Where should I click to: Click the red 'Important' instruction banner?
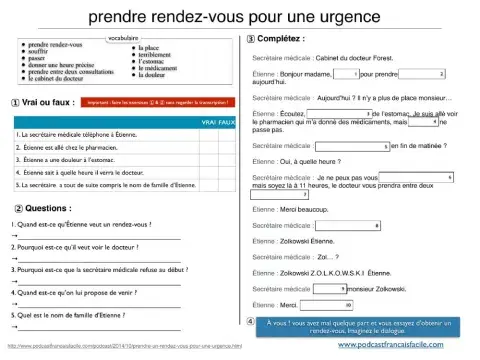click(150, 102)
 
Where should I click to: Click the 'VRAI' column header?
click(208, 121)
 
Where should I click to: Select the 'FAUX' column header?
click(227, 121)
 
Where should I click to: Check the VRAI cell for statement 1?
click(208, 133)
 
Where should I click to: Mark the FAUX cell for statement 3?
click(227, 159)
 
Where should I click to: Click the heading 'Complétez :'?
click(285, 38)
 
